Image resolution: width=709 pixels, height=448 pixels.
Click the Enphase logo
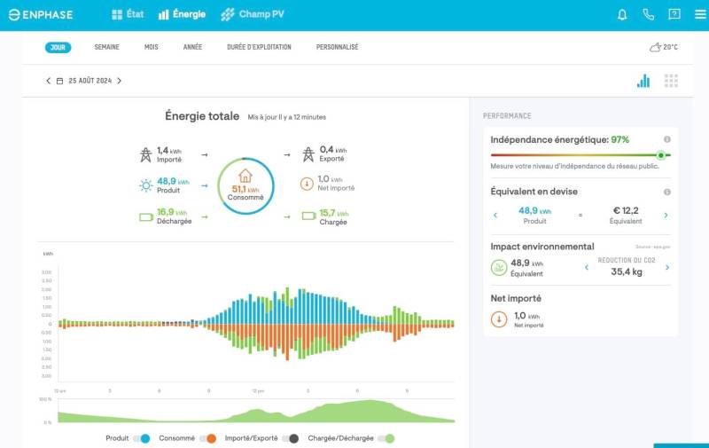click(41, 14)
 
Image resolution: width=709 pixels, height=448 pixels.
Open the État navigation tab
click(128, 14)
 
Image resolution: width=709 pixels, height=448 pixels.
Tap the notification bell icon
click(622, 14)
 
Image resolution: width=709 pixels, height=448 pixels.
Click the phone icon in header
click(648, 14)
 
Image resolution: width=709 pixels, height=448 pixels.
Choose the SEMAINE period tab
click(106, 47)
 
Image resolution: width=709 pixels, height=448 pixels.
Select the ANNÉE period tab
click(192, 47)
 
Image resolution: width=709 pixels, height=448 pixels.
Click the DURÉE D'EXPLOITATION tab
click(259, 47)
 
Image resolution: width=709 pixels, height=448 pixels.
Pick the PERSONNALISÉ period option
click(337, 47)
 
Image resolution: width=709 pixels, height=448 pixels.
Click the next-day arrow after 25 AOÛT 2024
click(120, 81)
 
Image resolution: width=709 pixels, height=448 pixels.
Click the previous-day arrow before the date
click(49, 81)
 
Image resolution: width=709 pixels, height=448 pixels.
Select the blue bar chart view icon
click(643, 81)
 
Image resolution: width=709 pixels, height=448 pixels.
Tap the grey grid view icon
click(671, 81)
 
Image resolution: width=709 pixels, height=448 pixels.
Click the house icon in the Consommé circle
click(245, 176)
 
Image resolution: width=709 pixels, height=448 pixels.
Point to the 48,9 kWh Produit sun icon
click(145, 185)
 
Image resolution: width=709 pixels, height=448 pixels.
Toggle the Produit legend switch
click(142, 438)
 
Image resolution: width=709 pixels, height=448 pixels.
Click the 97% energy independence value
click(619, 139)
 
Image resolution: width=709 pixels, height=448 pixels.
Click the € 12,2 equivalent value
click(626, 210)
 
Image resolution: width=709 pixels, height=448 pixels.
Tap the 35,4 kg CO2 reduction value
click(626, 271)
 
